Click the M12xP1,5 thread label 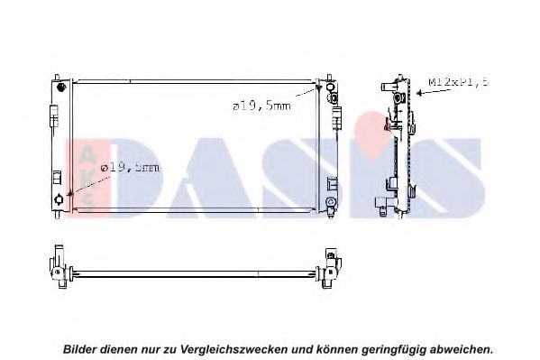click(458, 82)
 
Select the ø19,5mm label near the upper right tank click(261, 106)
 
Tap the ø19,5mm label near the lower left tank click(131, 168)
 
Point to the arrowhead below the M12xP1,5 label click(419, 93)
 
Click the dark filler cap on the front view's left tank click(61, 87)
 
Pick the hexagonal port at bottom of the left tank click(59, 199)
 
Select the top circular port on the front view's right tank click(330, 87)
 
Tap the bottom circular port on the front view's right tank click(331, 202)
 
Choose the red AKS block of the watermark click(87, 179)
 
